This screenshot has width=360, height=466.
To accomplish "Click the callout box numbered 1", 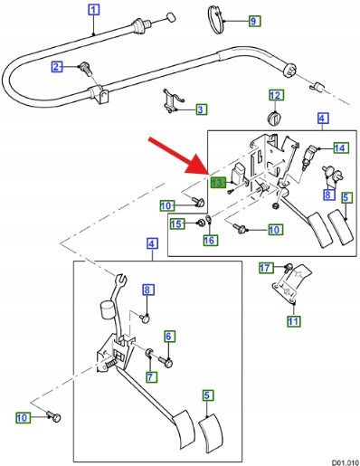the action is click(x=94, y=10).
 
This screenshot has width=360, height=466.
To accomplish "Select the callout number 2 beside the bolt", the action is click(x=57, y=66).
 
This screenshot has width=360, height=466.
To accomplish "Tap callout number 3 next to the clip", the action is click(x=201, y=109).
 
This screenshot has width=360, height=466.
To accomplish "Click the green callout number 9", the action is click(x=254, y=21).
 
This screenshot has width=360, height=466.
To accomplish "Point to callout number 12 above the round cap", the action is click(x=275, y=95).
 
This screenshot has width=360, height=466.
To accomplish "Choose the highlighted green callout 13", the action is click(x=218, y=183).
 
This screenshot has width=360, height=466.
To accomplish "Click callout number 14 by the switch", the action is click(x=341, y=147).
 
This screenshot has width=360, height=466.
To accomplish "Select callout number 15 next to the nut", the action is click(x=177, y=223).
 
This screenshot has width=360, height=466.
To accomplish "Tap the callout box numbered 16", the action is click(x=210, y=240).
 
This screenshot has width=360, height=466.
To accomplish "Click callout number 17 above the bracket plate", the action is click(x=266, y=268).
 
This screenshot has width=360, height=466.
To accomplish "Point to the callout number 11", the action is click(x=293, y=321).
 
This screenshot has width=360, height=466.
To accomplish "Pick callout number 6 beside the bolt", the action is click(x=169, y=337).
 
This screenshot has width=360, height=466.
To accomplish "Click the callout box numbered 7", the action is click(x=151, y=376).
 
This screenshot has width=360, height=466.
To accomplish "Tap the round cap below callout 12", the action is click(x=274, y=118).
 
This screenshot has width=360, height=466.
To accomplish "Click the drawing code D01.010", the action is click(x=346, y=462).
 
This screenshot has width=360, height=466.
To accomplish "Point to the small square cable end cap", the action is click(x=171, y=17).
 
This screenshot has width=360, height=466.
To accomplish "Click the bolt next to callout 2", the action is click(x=85, y=70).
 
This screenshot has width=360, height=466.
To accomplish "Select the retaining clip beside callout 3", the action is click(x=173, y=101).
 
